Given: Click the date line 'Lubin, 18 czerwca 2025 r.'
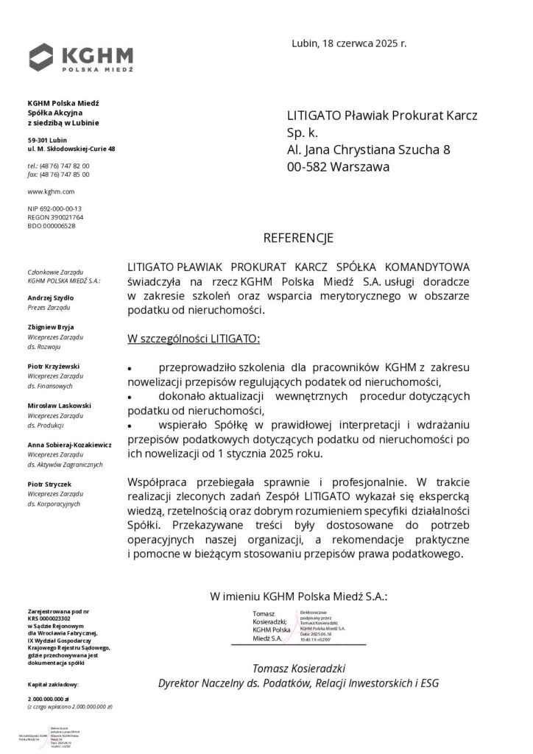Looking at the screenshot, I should [x=349, y=43].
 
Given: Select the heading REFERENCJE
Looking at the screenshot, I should [x=298, y=239].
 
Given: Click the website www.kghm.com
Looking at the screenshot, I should [x=46, y=191].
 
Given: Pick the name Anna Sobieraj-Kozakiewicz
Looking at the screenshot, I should [x=69, y=445].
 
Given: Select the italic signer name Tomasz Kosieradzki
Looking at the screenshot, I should [x=298, y=668].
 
